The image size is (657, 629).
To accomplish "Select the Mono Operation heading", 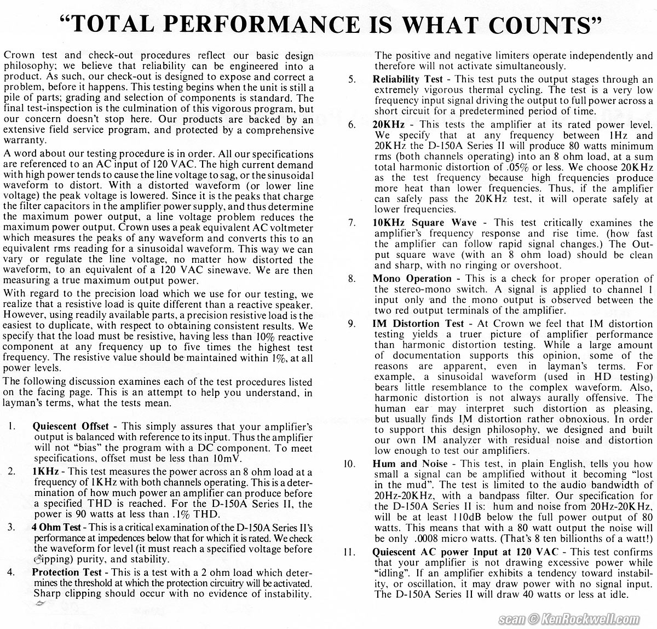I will [x=412, y=278].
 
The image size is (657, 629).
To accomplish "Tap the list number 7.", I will [x=352, y=223].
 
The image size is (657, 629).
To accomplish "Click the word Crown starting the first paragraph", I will [x=17, y=56].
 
